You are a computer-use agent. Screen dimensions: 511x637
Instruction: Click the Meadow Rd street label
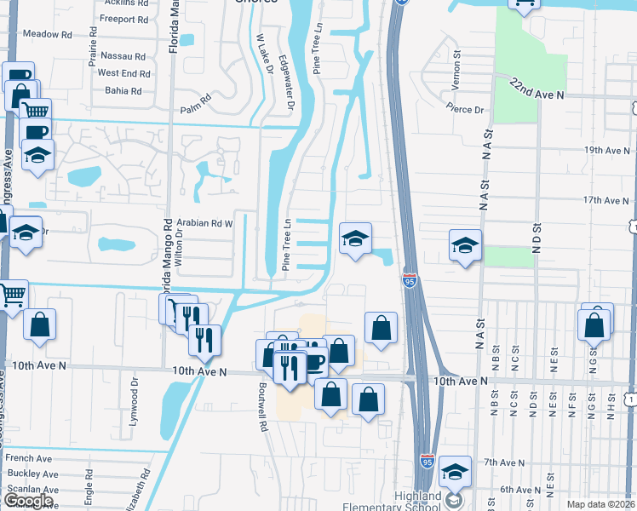tap(48, 35)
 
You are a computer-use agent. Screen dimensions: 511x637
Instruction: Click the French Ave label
tap(32, 458)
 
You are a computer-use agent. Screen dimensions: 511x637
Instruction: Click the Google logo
tap(28, 500)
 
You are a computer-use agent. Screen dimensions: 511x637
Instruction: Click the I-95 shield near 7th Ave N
tap(428, 460)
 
